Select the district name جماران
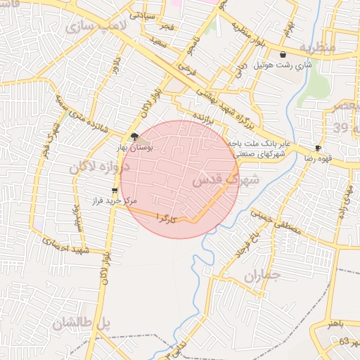[262, 276]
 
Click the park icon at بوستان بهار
[135, 138]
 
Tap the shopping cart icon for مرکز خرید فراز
[115, 191]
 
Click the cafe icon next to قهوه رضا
[319, 148]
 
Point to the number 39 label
[341, 127]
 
